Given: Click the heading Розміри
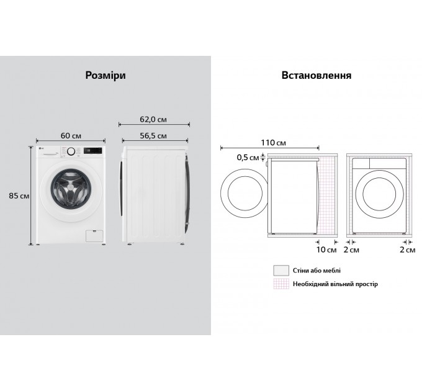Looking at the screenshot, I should (105, 75).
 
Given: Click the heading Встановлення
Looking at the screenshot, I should (316, 75).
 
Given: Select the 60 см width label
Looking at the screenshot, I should (71, 136).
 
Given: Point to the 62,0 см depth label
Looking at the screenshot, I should (153, 120).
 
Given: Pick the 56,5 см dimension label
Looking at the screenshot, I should (153, 136).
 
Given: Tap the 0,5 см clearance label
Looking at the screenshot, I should (248, 157).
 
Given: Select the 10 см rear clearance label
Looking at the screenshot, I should (326, 249).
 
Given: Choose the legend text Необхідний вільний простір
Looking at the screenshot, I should (335, 284).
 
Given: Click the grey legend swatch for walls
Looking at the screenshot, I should (281, 271).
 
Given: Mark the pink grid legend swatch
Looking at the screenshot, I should (281, 284).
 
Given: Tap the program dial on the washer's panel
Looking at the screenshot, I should (71, 151).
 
